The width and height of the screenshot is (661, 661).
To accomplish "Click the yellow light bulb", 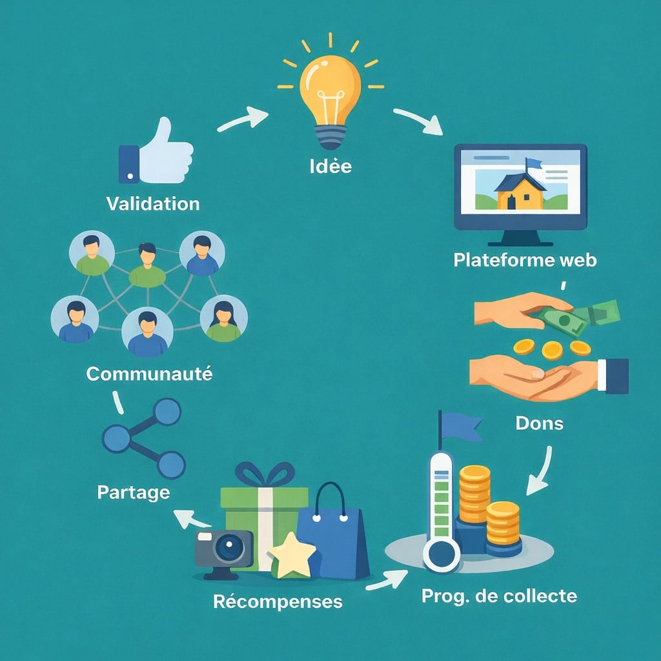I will [x=329, y=90].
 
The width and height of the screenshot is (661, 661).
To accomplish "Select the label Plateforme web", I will [x=525, y=260].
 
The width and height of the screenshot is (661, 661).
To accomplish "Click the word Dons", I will [x=540, y=423].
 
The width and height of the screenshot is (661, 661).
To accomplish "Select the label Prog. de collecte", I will [x=499, y=596].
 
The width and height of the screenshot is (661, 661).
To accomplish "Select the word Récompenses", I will [x=278, y=602].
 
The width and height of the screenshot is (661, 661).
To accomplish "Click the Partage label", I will [x=134, y=493].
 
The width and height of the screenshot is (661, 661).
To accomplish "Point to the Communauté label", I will [x=149, y=374].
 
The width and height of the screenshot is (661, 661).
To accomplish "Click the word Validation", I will [x=152, y=204].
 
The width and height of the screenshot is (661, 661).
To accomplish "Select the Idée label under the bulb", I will [x=330, y=166].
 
